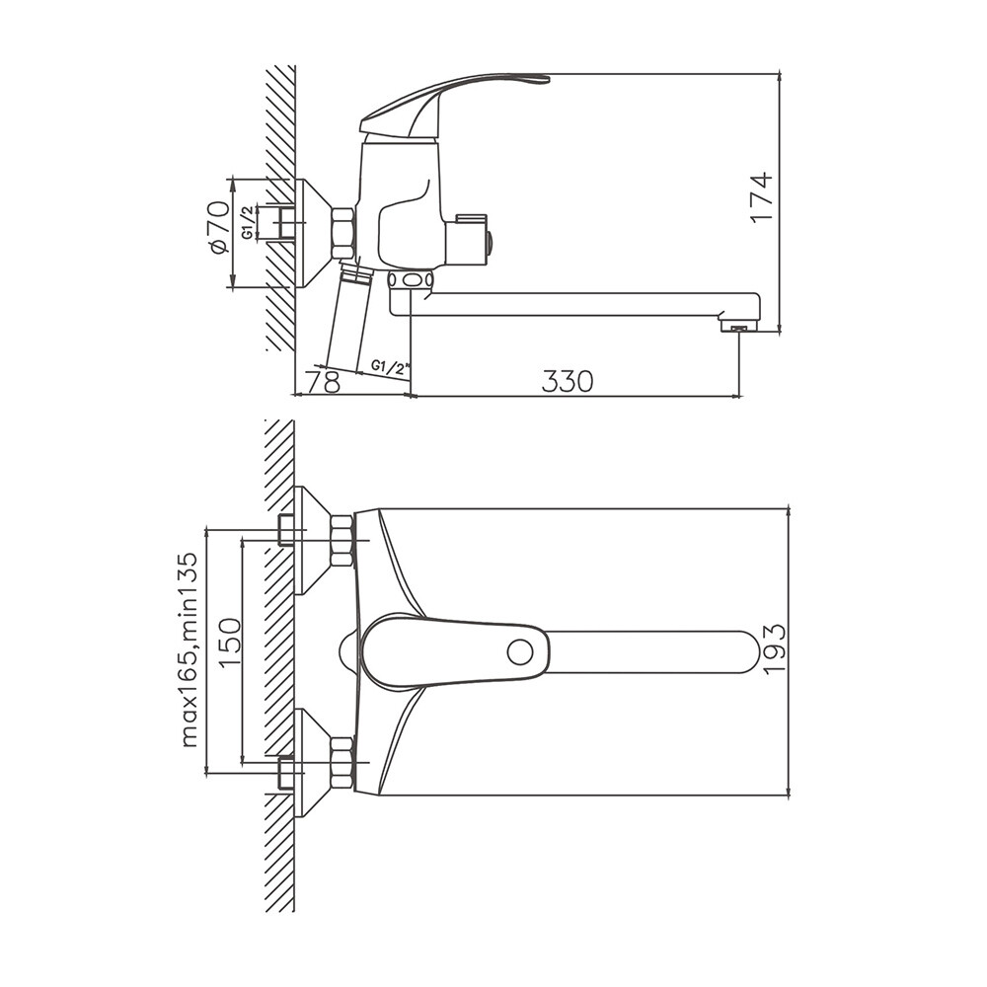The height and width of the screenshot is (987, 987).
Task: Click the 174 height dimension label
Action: click(x=761, y=196)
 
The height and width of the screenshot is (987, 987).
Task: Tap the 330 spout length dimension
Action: click(x=568, y=381)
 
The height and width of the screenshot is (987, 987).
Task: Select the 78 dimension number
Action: click(x=324, y=381)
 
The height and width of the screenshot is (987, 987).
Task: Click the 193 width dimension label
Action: click(x=774, y=649)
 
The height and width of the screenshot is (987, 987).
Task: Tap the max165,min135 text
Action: click(x=189, y=649)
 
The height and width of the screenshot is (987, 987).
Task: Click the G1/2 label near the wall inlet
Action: click(x=248, y=222)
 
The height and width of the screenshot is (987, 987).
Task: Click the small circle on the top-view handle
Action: click(x=520, y=652)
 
